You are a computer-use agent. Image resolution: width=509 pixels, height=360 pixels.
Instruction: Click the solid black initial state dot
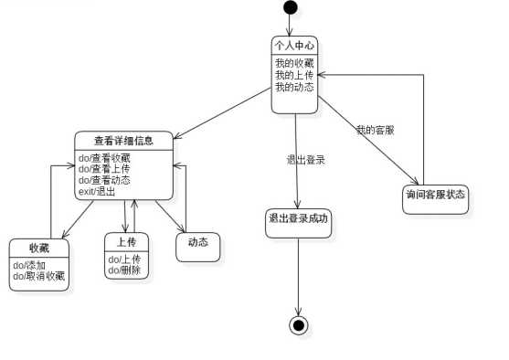tap(291, 8)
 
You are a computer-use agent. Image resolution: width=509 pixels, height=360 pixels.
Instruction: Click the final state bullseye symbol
tap(297, 325)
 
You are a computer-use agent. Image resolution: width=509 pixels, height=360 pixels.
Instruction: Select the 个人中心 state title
tap(294, 46)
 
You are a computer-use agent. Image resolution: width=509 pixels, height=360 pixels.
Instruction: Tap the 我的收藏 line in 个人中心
tap(294, 63)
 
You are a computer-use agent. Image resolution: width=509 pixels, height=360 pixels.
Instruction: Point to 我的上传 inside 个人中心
tap(294, 75)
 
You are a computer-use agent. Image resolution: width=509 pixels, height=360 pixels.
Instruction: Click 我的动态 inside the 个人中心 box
tap(294, 87)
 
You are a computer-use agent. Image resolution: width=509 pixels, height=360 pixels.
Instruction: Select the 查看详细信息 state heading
tap(123, 140)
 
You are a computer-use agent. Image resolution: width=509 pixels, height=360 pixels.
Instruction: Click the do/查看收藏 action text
tap(104, 157)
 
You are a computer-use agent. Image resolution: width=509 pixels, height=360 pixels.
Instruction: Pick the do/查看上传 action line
tap(104, 168)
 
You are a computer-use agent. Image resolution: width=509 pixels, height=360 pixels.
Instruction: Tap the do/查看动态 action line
tap(104, 179)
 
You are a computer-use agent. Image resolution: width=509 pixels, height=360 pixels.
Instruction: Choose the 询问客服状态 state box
tap(435, 195)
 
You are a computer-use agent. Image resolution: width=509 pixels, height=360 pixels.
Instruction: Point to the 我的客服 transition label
tap(375, 131)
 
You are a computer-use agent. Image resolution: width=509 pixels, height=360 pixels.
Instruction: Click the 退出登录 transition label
tap(306, 159)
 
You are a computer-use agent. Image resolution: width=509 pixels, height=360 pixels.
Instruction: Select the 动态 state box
tap(198, 243)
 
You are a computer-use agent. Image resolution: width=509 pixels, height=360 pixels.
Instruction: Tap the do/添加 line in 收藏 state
tap(29, 265)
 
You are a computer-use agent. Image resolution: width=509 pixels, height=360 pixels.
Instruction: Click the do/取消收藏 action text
tap(39, 275)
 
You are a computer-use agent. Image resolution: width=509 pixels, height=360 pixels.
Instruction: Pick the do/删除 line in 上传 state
tap(123, 270)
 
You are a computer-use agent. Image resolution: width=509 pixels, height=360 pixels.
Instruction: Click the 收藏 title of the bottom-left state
tap(39, 248)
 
